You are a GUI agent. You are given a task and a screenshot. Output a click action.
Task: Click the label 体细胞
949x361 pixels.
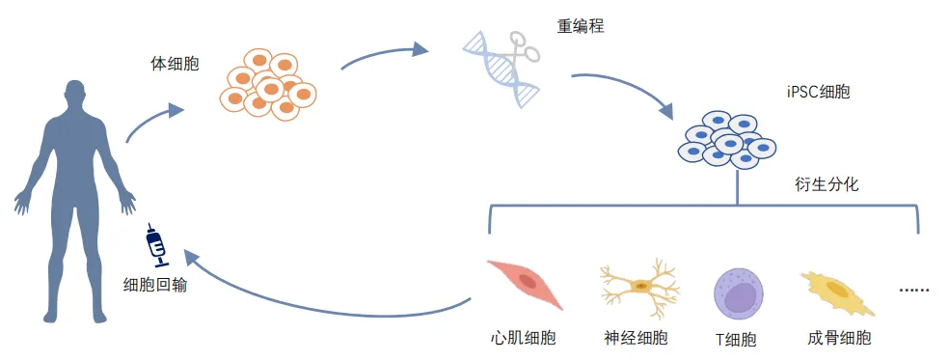(x=175, y=65)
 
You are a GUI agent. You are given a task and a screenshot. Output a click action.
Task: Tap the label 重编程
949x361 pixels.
(x=581, y=26)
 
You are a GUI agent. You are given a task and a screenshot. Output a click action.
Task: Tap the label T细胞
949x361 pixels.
(x=736, y=339)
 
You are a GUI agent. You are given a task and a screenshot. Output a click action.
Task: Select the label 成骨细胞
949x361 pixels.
(x=839, y=338)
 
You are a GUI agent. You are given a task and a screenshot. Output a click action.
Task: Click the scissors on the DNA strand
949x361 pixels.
(x=519, y=49)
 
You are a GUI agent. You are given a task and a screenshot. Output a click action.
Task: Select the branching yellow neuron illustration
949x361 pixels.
(x=639, y=287)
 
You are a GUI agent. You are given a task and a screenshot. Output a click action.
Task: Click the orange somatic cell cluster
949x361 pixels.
(x=267, y=84)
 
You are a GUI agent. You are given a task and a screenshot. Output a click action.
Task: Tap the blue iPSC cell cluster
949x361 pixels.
(x=726, y=140)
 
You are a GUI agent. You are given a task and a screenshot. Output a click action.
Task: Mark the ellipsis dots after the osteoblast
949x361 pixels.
(x=914, y=291)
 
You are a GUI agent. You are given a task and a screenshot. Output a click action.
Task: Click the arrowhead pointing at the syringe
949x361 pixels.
(x=193, y=260)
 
